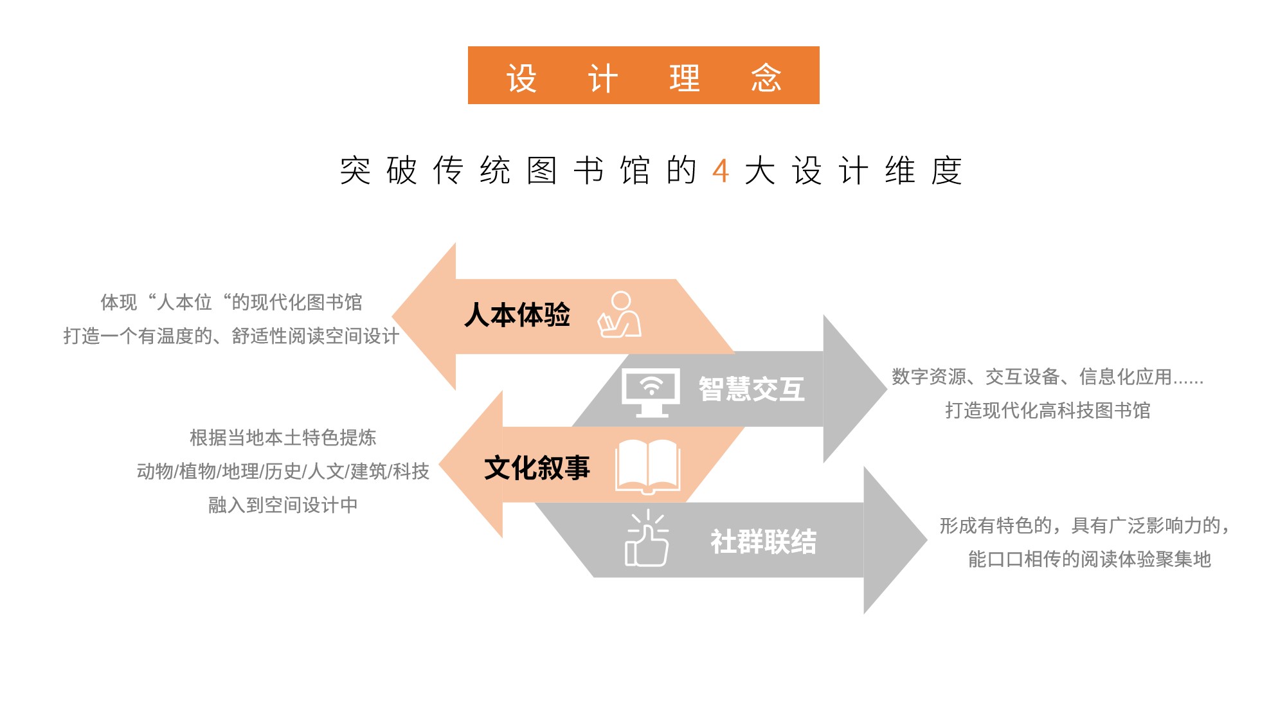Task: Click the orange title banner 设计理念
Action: point(643,75)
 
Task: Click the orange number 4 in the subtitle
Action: point(721,171)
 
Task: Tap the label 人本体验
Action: point(517,315)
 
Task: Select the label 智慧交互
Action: point(751,389)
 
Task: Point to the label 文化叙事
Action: point(537,467)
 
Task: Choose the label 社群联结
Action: point(764,541)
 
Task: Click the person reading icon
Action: point(619,314)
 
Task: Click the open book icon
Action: point(648,467)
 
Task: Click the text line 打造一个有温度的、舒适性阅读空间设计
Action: point(231,336)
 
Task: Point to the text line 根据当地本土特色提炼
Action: point(283,438)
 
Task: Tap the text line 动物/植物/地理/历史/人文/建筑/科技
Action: point(283,471)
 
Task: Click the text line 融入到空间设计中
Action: point(283,505)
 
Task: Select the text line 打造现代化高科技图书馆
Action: point(1048,410)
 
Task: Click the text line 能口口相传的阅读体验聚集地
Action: point(1090,559)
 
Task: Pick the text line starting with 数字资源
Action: point(1048,377)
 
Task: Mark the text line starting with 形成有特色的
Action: point(1085,526)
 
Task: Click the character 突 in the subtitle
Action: point(355,171)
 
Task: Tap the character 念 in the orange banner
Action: point(766,78)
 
